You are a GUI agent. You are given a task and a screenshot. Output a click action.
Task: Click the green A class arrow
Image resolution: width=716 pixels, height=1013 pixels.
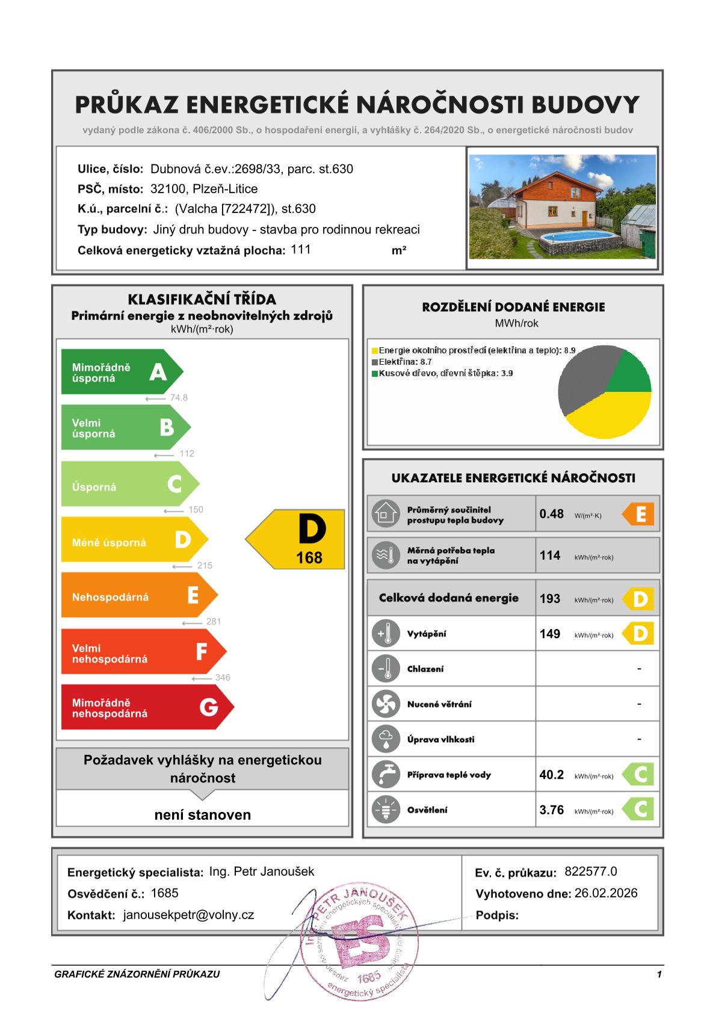[x=120, y=373]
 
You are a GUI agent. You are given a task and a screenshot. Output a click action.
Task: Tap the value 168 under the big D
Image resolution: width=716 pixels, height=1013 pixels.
[x=309, y=558]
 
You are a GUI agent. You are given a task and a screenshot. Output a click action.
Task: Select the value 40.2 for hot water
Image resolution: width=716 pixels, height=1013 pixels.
[x=552, y=775]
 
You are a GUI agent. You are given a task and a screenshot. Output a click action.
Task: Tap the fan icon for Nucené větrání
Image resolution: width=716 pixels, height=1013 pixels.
[x=386, y=704]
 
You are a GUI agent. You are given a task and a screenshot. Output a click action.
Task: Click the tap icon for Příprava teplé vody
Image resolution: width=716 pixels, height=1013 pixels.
[x=386, y=775]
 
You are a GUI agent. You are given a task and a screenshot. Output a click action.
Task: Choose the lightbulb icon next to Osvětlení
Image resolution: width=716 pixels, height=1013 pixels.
[x=386, y=810]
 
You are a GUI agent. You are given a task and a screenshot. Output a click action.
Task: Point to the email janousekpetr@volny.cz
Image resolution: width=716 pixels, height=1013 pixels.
[x=188, y=915]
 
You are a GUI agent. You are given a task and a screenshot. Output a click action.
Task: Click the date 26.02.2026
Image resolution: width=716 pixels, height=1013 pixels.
[x=606, y=893]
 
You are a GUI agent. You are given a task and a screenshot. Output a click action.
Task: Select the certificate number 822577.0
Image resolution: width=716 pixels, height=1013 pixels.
[x=591, y=872]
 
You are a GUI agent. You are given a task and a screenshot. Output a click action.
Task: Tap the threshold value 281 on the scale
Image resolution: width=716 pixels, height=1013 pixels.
[x=214, y=621]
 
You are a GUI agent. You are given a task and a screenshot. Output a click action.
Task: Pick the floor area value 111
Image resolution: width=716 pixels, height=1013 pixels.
[x=300, y=249]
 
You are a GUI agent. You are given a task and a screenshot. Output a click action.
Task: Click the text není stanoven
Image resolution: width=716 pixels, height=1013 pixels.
[x=202, y=815]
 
